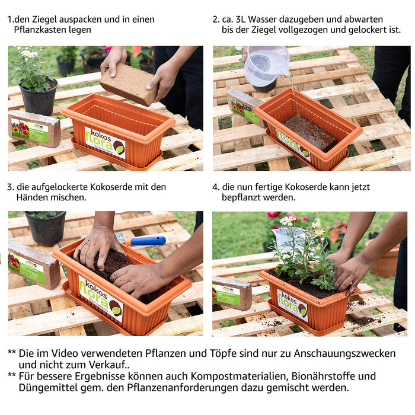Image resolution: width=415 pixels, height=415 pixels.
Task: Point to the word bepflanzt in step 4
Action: click(x=241, y=197)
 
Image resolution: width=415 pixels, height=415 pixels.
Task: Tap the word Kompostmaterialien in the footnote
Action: click(x=240, y=376)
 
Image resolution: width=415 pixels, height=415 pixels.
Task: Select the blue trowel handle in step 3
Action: click(x=145, y=241)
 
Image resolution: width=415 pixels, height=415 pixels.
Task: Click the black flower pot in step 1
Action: click(x=39, y=98)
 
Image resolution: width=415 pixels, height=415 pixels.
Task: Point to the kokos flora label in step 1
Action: click(x=105, y=143)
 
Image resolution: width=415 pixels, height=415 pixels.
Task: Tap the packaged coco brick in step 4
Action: click(x=232, y=293)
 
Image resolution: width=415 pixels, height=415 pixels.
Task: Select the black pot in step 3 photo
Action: click(x=45, y=228)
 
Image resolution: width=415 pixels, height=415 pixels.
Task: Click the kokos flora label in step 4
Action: click(x=292, y=305)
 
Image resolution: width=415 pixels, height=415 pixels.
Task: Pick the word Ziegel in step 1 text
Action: click(x=44, y=20)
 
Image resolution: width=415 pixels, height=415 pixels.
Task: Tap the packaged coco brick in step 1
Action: click(x=34, y=129)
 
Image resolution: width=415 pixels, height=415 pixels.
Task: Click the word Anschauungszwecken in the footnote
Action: click(x=344, y=353)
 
